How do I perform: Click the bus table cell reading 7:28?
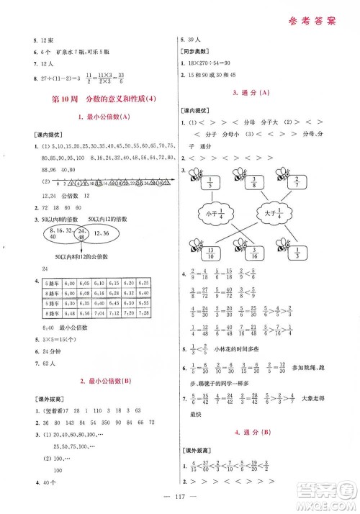[x=143, y=314]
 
